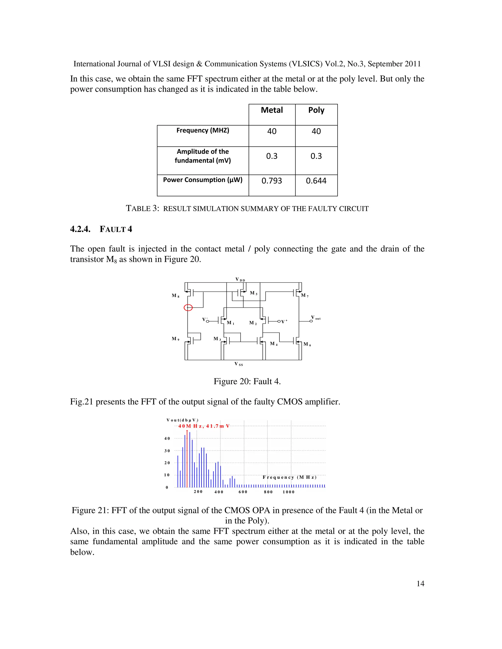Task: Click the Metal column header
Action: click(272, 110)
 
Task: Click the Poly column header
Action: click(316, 110)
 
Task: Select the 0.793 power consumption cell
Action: click(272, 181)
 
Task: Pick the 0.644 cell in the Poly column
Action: click(316, 181)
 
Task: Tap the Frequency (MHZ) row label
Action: click(202, 131)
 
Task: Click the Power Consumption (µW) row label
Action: click(202, 180)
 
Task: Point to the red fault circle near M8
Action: click(188, 308)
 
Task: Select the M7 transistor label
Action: click(304, 295)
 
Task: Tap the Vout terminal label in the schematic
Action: click(315, 318)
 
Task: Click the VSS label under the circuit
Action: click(238, 364)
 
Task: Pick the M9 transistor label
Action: click(176, 339)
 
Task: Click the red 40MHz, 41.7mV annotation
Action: click(204, 426)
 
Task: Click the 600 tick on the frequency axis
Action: click(243, 492)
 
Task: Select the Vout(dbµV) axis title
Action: click(182, 420)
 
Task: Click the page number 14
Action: click(420, 584)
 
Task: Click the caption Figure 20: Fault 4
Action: click(247, 381)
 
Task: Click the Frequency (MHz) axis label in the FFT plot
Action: click(289, 477)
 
